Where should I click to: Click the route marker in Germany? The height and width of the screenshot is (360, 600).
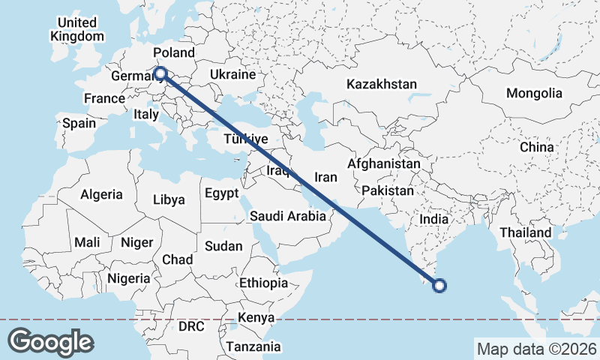160,73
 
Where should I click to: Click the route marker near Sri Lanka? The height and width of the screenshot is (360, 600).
440,284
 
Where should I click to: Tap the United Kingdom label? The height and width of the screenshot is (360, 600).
77,29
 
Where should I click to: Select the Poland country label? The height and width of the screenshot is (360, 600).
173,53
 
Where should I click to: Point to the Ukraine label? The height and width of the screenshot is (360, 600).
232,75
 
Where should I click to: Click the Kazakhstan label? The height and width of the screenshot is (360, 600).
381,84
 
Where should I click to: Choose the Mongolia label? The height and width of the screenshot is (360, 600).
534,94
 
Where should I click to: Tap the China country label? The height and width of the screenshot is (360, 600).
536,147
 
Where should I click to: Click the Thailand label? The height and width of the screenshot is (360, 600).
526,232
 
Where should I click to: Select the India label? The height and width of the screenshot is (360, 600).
433,220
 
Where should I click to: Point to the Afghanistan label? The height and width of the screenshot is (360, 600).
384,163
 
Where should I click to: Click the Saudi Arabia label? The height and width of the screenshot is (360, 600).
288,216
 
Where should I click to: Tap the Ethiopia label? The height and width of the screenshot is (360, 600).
263,283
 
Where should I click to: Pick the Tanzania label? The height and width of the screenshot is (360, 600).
253,346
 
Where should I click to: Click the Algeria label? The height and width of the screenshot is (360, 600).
101,194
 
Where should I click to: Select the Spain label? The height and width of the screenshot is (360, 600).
79,123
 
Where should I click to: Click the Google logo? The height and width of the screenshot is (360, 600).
50,342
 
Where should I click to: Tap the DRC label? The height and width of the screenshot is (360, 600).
190,327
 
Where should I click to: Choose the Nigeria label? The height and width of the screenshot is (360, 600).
128,278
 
